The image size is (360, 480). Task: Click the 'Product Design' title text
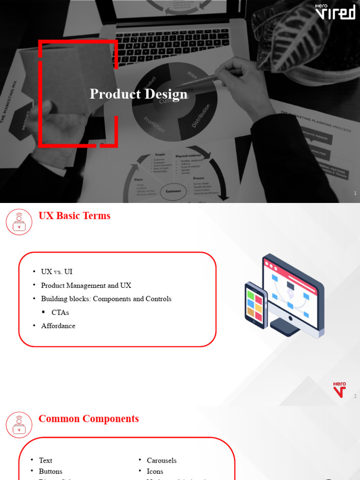[138, 94]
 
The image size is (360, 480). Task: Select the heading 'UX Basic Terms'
[74, 216]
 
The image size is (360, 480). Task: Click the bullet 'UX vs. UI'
[57, 272]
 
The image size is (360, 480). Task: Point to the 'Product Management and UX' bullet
[86, 285]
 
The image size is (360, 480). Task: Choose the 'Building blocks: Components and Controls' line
[106, 299]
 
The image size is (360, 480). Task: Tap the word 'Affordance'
[58, 326]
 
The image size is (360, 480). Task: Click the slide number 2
[355, 397]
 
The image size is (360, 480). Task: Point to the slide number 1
[355, 194]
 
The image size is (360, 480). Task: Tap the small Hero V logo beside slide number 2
[340, 389]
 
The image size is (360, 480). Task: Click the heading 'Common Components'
[89, 419]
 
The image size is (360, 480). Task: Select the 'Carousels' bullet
[161, 460]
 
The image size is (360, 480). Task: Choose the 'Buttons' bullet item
[50, 471]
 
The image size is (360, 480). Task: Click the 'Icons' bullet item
[155, 471]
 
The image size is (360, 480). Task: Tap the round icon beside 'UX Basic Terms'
[19, 222]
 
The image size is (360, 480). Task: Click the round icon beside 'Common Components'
[19, 424]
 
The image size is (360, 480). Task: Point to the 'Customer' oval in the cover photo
[173, 191]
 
